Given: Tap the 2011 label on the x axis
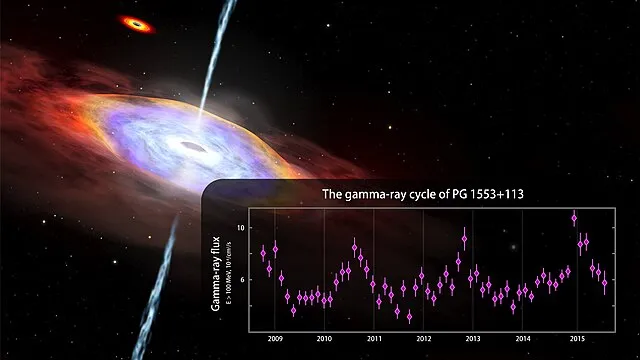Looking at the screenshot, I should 374,339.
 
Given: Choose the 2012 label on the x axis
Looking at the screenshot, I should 424,339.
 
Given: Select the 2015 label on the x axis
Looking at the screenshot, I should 575,339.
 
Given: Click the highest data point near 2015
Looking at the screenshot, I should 574,217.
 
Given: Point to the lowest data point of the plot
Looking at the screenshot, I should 410,317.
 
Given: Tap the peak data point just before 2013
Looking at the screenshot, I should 465,239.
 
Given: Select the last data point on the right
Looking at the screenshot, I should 604,283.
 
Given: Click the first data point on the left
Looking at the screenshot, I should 263,253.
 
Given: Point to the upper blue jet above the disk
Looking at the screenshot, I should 215,50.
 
